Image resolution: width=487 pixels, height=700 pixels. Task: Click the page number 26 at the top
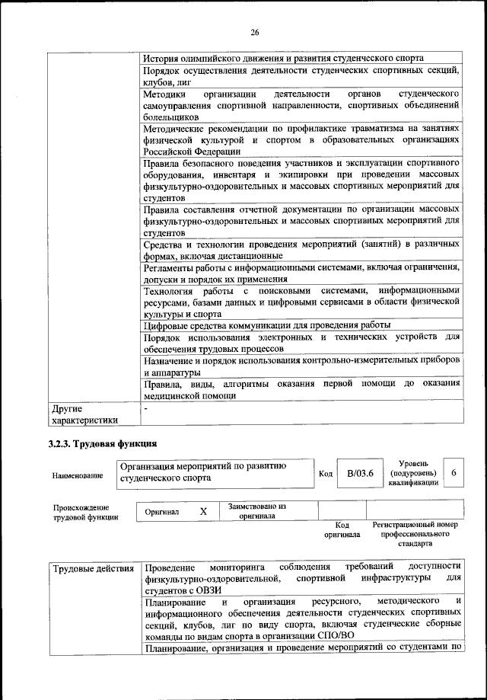coord(254,31)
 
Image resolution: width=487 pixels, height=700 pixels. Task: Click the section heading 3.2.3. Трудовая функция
coord(102,442)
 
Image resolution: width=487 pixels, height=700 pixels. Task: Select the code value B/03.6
coord(360,473)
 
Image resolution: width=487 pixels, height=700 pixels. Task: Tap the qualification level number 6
coord(454,473)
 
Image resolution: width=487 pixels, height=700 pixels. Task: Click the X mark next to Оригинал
coord(203,512)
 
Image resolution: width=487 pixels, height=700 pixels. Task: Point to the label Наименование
coord(78,475)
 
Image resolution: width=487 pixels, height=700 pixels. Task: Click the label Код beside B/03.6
coord(325,474)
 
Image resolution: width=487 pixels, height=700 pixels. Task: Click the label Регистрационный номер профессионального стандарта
coord(415,534)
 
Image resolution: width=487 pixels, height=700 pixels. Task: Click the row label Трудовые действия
coord(93,569)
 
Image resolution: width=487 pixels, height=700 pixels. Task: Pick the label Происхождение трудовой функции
coord(85,512)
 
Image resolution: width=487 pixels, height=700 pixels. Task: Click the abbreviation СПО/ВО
coord(334,636)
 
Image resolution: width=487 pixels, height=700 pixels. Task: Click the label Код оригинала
coord(342,529)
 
